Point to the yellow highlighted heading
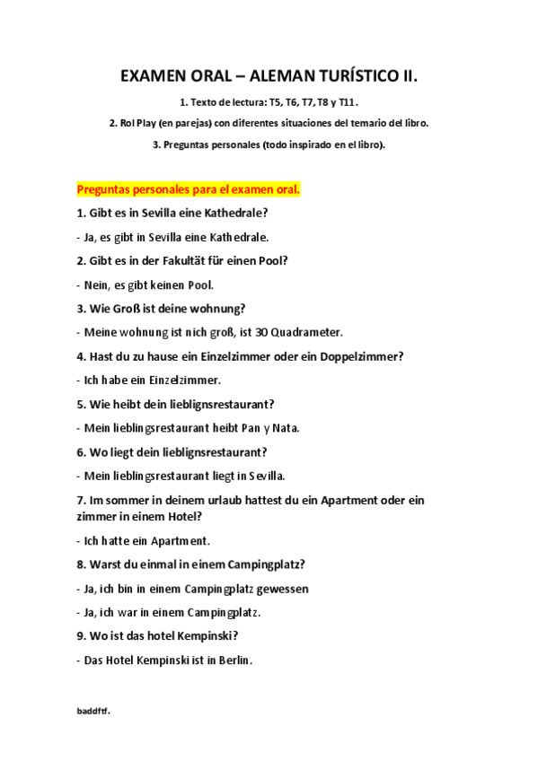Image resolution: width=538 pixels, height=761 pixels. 188,190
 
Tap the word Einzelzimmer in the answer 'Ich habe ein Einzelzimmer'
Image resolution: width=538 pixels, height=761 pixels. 179,380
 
